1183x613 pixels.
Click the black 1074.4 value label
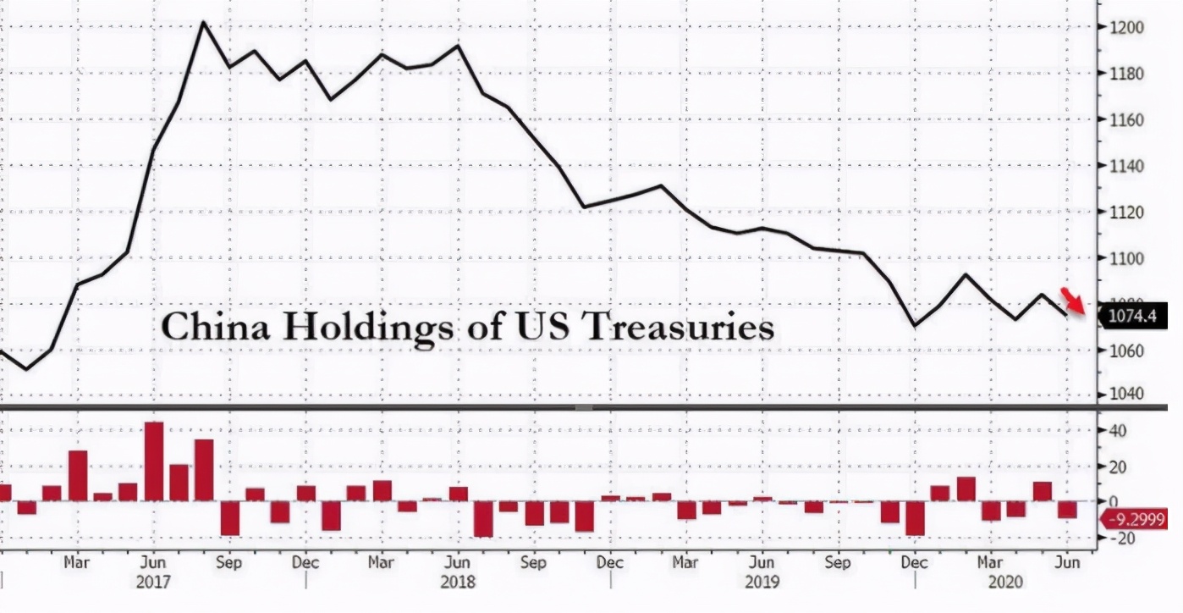(x=1132, y=318)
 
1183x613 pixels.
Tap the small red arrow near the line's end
(x=1074, y=301)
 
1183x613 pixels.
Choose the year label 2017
(x=153, y=583)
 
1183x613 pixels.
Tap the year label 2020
(x=1006, y=583)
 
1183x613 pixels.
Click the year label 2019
(x=762, y=583)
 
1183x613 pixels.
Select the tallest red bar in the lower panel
(x=153, y=461)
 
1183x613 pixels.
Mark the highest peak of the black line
(x=203, y=23)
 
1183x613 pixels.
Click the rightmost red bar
(x=1067, y=509)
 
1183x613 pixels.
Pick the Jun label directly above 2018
(x=457, y=562)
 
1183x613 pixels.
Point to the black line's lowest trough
(x=27, y=368)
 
